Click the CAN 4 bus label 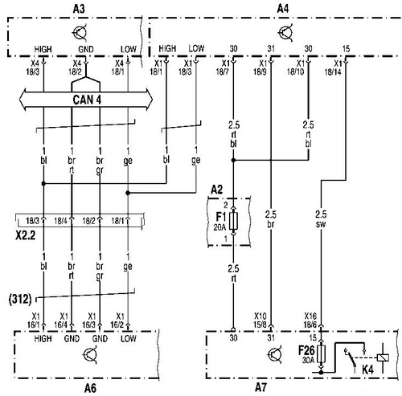point(87,100)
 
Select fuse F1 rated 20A point(233,221)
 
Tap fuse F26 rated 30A point(321,353)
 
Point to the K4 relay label point(367,370)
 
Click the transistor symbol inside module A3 point(80,32)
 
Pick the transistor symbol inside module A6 point(91,355)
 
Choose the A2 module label point(216,190)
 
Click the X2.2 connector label point(26,235)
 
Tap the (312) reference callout point(20,299)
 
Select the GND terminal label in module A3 point(86,50)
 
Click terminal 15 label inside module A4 point(346,49)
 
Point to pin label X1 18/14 point(334,67)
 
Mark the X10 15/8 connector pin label point(260,320)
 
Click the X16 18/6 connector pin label point(310,320)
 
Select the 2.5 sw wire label point(321,219)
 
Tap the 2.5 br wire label point(271,219)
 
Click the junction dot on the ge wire point(128,193)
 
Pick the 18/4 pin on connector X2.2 point(60,221)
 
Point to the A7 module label point(260,387)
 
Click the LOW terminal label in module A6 point(129,339)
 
